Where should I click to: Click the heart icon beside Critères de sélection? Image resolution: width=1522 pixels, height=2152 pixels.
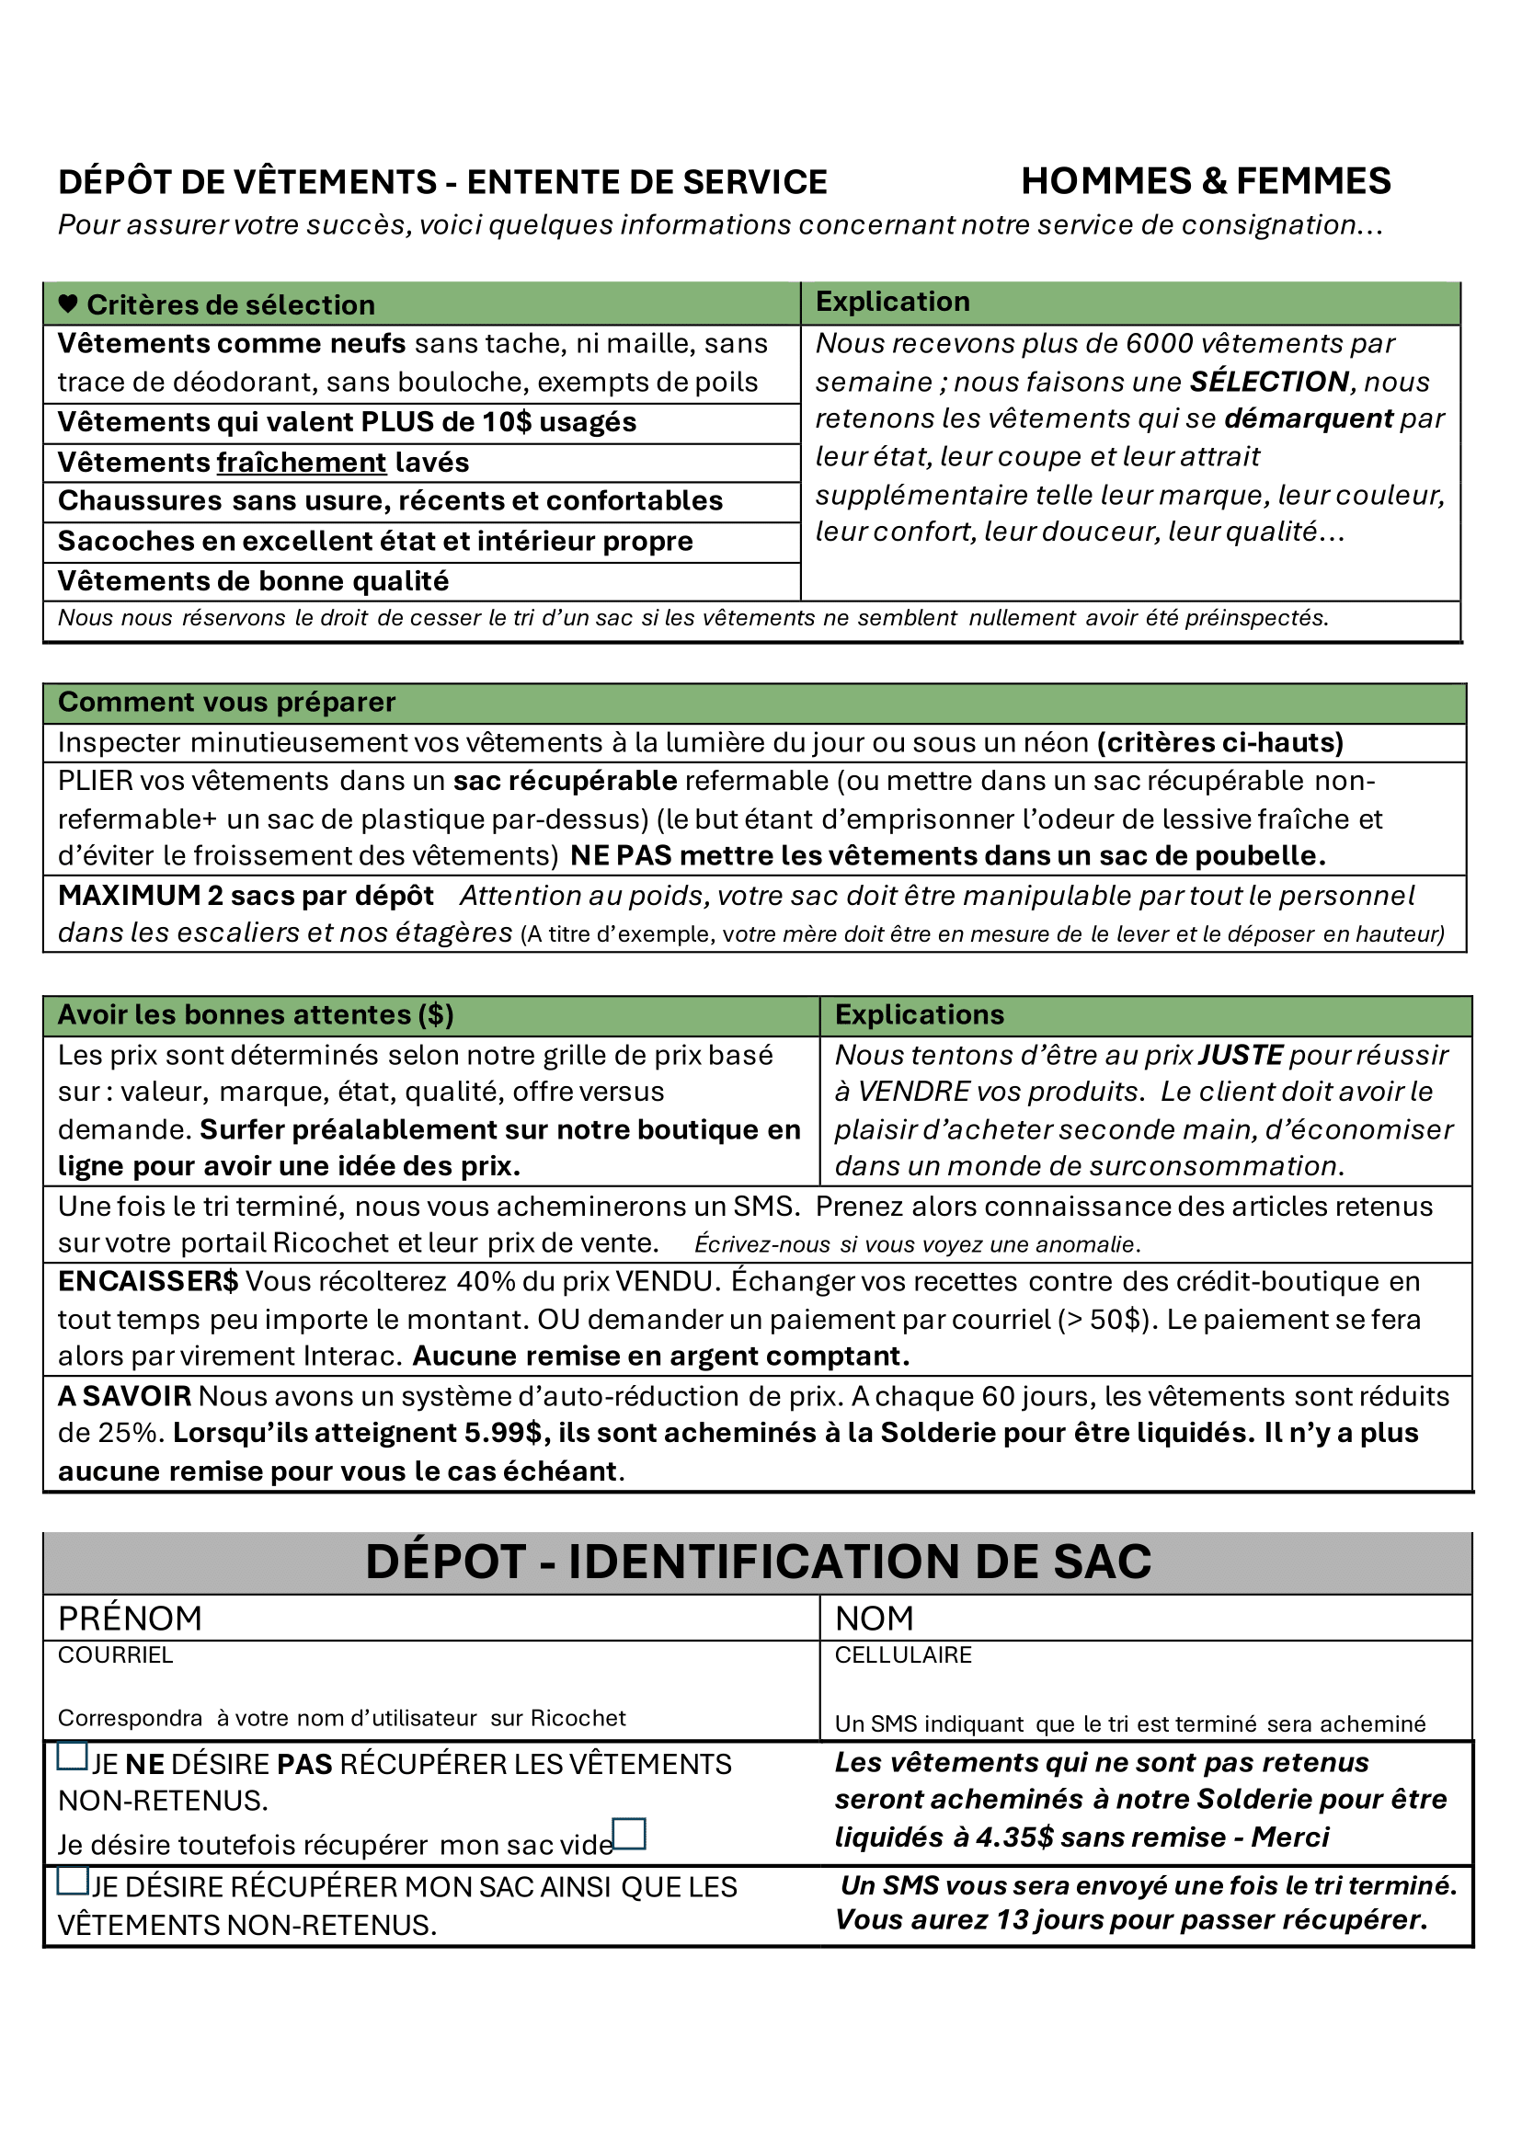(67, 303)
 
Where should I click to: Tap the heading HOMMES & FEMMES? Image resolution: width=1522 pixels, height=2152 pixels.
(1206, 181)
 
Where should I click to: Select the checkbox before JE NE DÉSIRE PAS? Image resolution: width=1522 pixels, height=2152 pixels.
(72, 1756)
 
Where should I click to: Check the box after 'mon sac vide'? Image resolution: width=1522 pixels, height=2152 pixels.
(629, 1833)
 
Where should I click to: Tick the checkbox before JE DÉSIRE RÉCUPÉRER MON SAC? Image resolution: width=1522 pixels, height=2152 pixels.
(72, 1880)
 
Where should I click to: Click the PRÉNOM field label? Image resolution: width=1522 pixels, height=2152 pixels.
(131, 1619)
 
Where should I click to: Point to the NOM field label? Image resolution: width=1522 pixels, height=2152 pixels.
(874, 1619)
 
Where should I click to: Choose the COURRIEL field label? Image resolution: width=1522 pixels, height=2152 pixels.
(115, 1655)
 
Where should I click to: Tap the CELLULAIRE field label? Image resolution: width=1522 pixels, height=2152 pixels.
(902, 1655)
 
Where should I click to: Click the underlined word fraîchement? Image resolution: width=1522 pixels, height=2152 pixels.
(302, 462)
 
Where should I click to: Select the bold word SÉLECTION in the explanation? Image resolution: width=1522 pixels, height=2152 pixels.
(1269, 382)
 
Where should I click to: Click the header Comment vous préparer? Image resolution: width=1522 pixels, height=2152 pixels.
(227, 702)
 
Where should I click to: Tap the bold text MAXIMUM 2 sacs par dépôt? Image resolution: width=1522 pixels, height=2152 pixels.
(246, 895)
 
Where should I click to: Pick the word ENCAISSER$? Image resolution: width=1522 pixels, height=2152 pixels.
(148, 1281)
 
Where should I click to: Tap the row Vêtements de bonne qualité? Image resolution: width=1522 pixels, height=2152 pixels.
(253, 581)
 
